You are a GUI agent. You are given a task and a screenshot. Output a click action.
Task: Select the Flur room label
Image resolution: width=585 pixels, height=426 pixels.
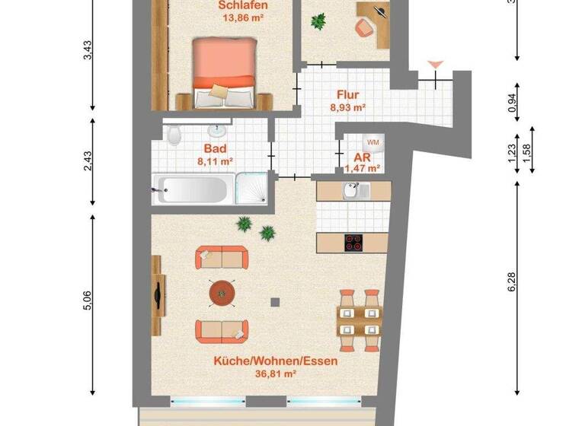tap(347, 97)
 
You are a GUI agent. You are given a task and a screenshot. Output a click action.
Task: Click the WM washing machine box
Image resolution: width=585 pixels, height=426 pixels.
tap(373, 141)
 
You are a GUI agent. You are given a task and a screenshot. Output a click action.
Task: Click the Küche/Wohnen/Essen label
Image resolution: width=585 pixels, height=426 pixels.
tap(276, 362)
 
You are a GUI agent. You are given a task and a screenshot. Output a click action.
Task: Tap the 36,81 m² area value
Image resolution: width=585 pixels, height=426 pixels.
tap(276, 374)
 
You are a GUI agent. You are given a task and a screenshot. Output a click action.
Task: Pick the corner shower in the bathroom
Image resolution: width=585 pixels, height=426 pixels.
tap(251, 188)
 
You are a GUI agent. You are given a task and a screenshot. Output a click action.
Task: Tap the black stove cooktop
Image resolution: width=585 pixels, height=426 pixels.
tap(353, 243)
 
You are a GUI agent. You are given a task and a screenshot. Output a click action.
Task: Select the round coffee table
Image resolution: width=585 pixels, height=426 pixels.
tap(222, 291)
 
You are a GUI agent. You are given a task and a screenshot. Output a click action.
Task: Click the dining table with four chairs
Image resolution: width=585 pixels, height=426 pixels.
tap(359, 320)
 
